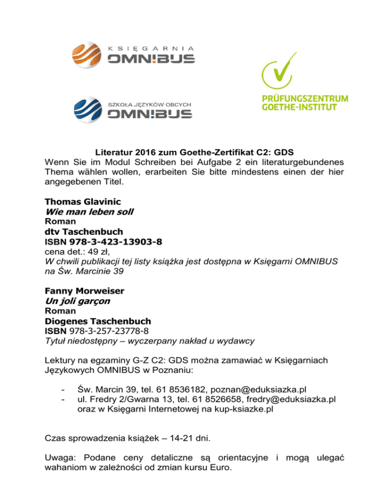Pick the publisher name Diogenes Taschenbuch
tap(99, 321)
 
